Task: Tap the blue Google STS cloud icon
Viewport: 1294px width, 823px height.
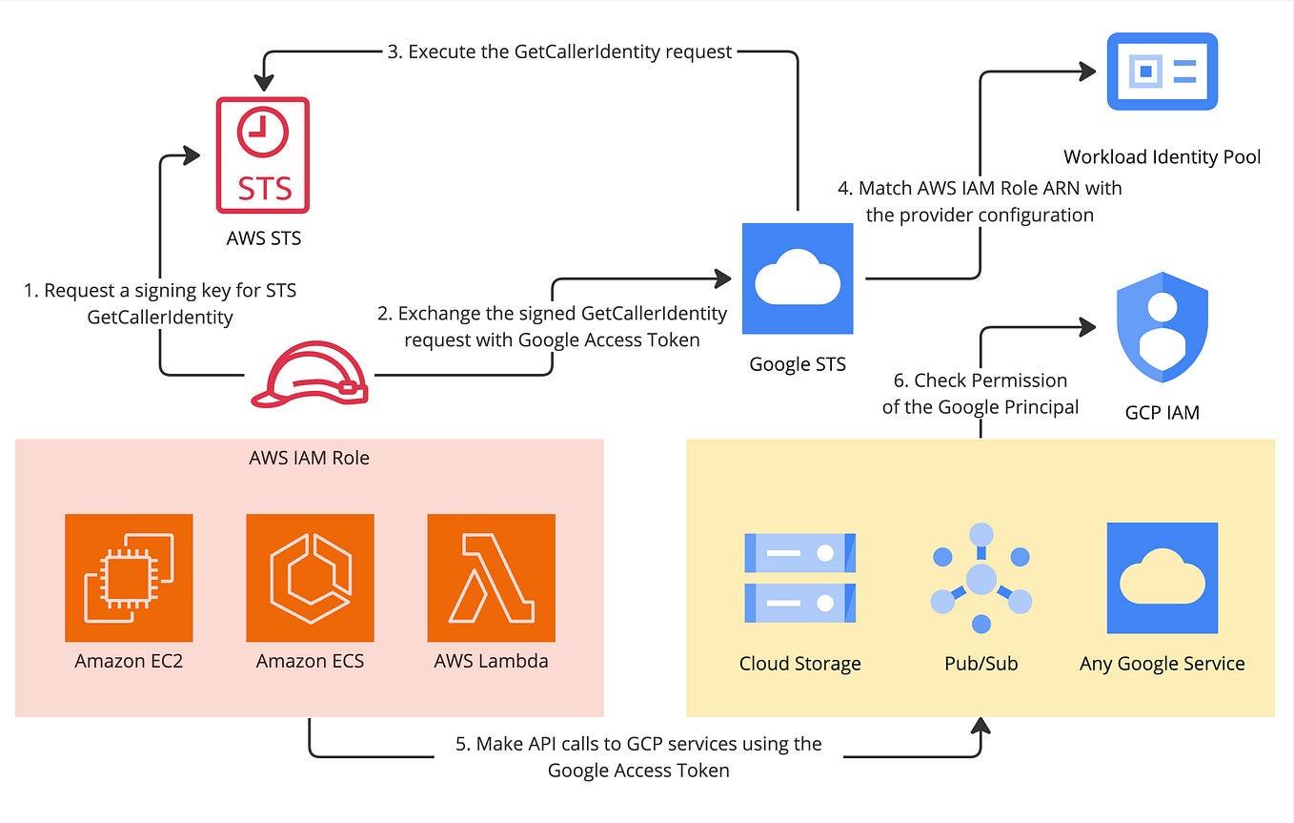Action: pos(797,279)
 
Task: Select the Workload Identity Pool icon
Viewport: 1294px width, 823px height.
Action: pos(1162,72)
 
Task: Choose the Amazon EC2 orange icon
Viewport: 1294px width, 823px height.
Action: pos(129,578)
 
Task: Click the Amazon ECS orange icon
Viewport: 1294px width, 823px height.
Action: pos(310,578)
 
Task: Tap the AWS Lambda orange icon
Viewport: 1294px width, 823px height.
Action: pos(491,578)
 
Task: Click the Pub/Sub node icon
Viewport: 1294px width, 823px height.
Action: pos(981,579)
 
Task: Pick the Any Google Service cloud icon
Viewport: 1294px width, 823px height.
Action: pos(1162,578)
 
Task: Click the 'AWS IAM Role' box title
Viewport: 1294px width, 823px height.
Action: pos(309,458)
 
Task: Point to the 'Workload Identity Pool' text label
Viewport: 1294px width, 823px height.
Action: pos(1162,156)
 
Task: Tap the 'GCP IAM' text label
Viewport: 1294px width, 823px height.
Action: pos(1162,412)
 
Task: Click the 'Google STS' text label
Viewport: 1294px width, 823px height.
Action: pos(797,363)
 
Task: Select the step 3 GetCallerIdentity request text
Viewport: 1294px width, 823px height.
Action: pos(558,51)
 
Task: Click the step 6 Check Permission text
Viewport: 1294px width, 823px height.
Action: pos(981,393)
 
